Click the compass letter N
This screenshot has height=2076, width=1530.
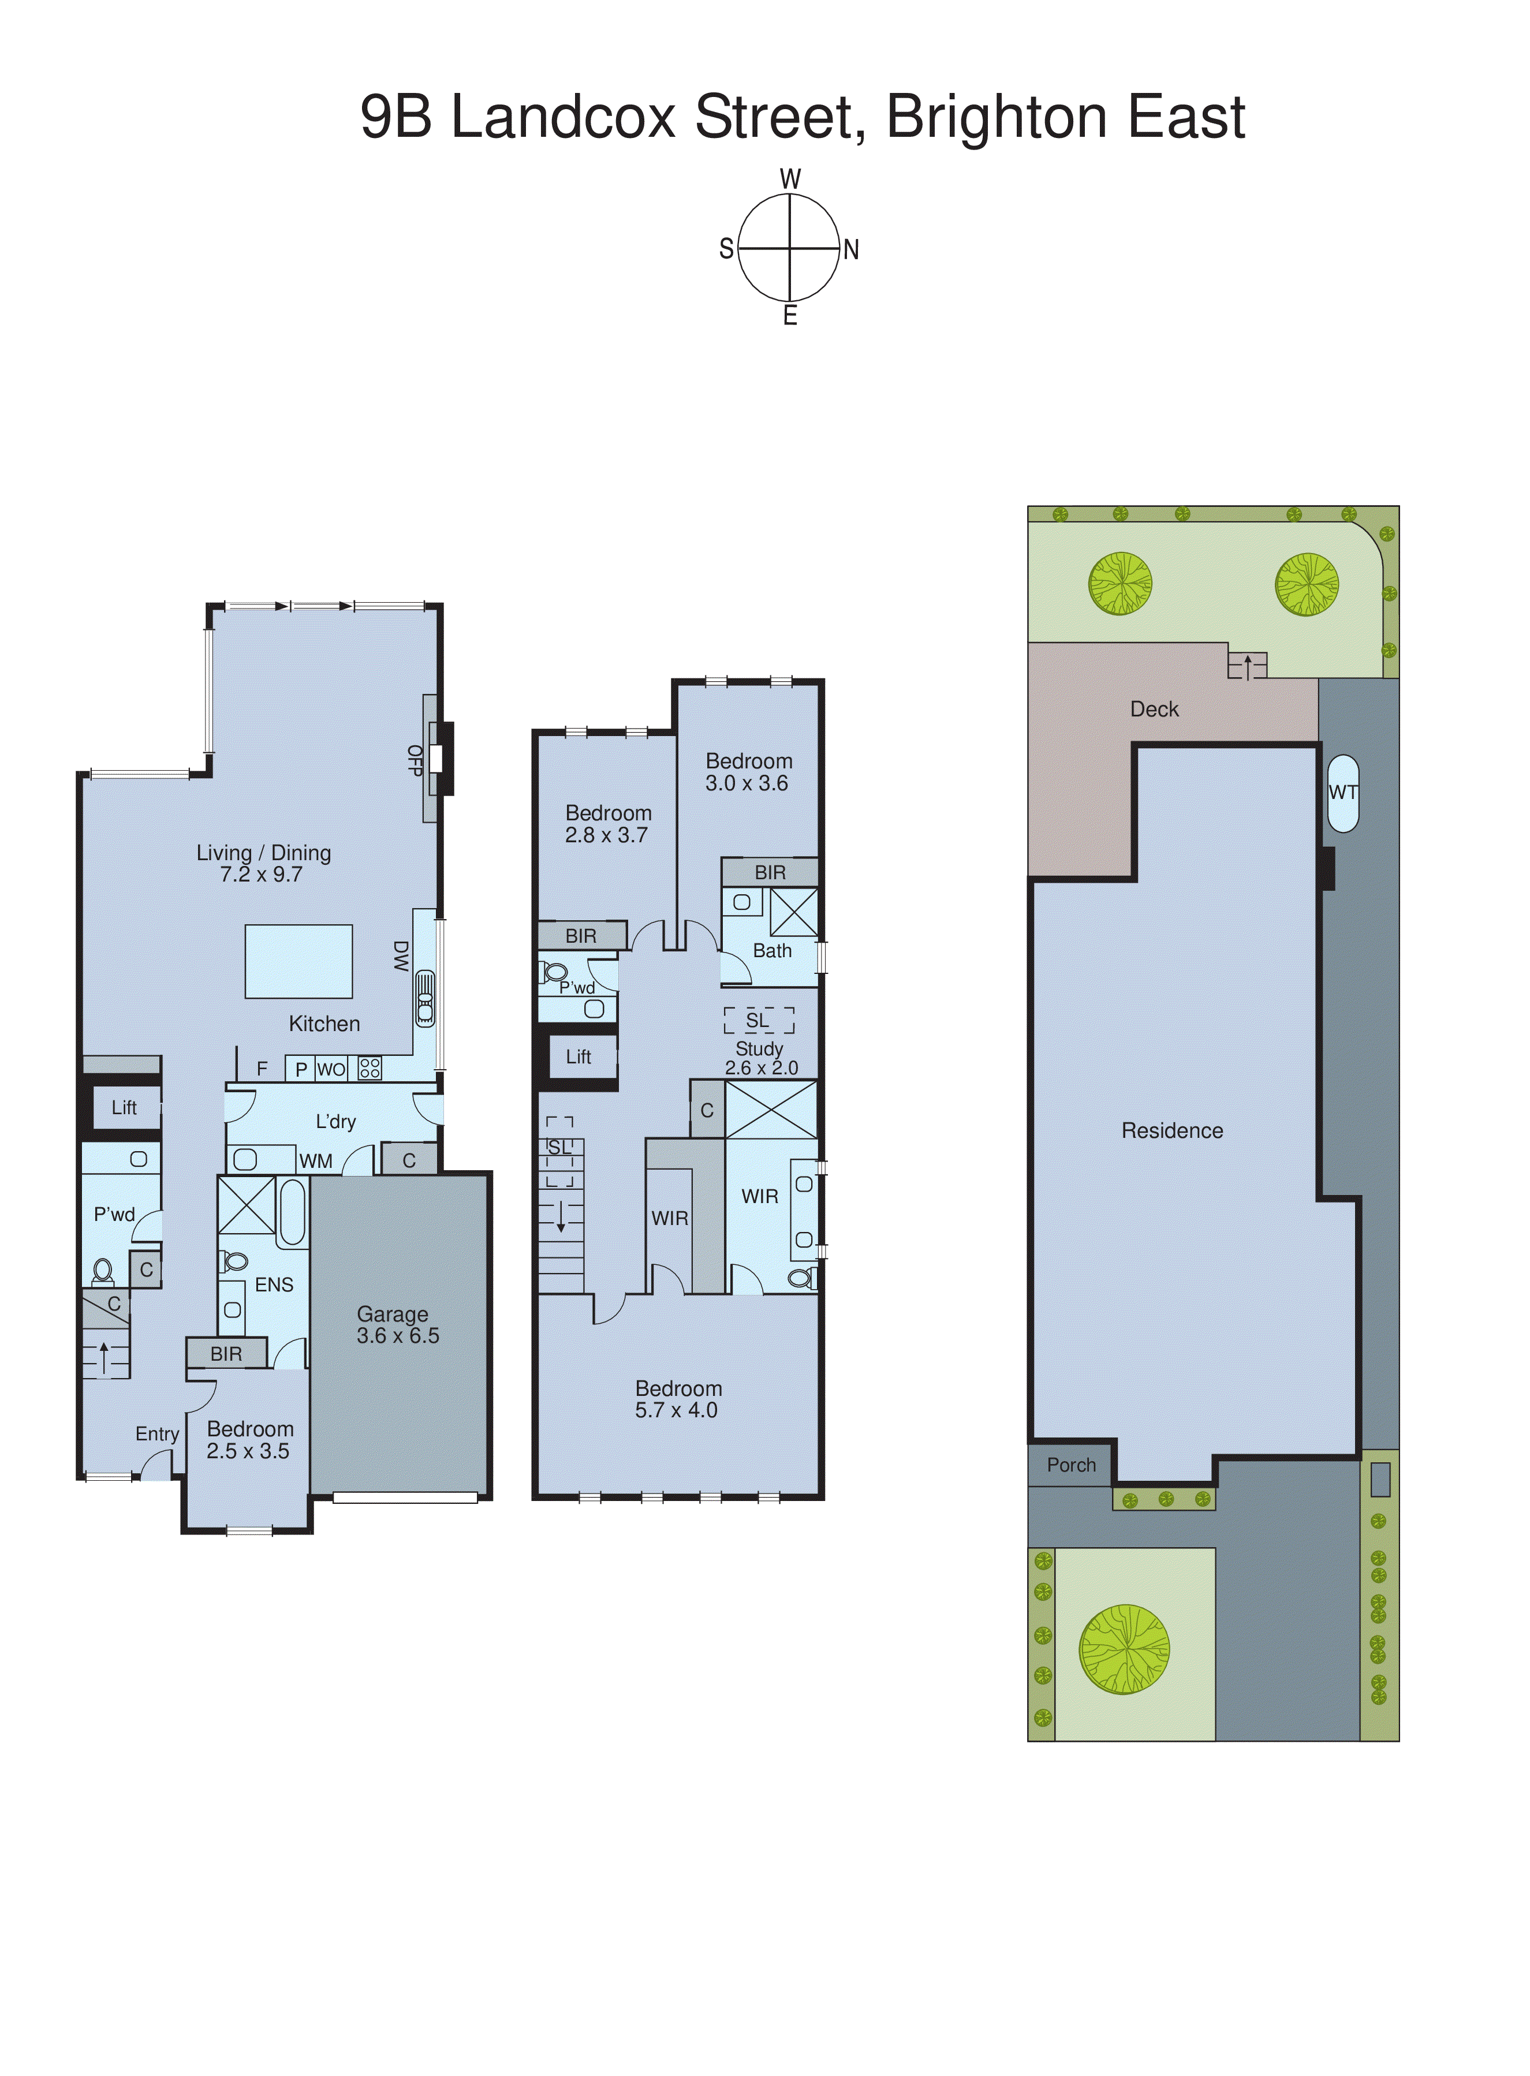[850, 250]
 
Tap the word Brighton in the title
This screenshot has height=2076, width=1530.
[995, 118]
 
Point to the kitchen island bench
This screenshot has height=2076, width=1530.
[298, 961]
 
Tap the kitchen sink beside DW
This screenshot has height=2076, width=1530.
[425, 998]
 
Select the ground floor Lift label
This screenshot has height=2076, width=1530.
[124, 1107]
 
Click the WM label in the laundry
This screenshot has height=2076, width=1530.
[316, 1161]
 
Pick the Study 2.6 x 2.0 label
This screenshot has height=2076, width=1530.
[760, 1058]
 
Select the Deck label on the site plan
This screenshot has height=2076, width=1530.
[1154, 710]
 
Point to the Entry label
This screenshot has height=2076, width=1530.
[158, 1434]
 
